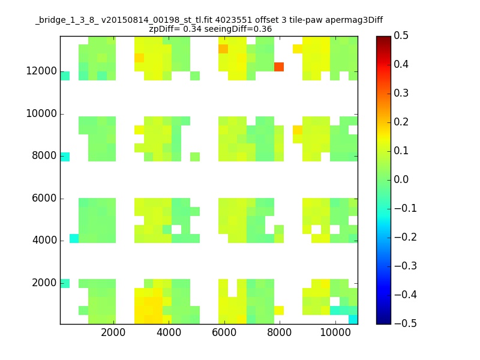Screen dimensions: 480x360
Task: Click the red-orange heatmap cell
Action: [x=279, y=67]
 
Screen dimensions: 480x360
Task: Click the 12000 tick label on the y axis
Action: [x=41, y=71]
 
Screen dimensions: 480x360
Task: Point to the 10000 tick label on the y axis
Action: [x=41, y=113]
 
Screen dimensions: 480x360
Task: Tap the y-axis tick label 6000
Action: [x=44, y=198]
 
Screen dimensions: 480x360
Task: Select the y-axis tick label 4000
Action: [x=44, y=240]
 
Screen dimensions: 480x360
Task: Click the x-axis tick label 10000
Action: [x=335, y=332]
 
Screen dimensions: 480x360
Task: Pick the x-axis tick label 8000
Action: [x=279, y=332]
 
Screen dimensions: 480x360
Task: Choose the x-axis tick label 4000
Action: [x=169, y=332]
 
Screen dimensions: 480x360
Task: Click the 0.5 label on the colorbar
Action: [x=401, y=35]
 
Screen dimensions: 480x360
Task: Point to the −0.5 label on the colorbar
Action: [x=406, y=323]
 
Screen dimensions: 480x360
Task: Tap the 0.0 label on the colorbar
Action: [x=401, y=179]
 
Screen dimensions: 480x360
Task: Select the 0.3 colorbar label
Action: [x=401, y=93]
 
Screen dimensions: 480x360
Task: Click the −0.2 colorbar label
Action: [x=406, y=237]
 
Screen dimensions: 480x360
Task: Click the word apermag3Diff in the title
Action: [x=354, y=20]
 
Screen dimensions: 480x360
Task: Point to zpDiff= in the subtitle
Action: [x=164, y=29]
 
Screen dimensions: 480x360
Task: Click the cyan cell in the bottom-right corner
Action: [x=353, y=319]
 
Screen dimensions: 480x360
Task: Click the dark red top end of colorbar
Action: [x=383, y=38]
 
